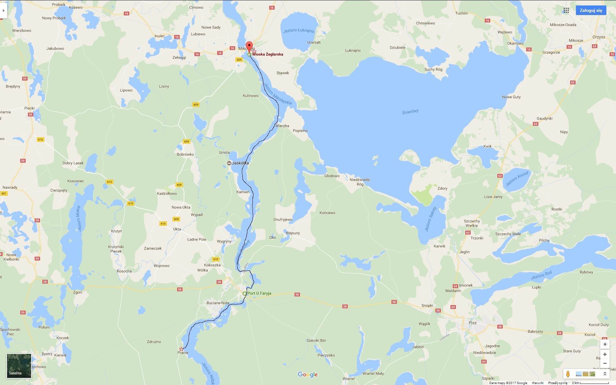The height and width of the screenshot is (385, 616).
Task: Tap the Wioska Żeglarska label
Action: coord(268,54)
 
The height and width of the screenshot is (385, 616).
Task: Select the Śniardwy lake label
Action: coord(410,112)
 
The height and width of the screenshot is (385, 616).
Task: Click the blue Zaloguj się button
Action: coord(591,10)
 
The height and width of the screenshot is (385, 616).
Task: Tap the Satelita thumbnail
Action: coord(19,365)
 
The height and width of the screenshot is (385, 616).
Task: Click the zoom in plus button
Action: coord(605,354)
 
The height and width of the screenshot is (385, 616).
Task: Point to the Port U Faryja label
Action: coord(259,293)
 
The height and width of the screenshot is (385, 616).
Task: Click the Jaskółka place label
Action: coord(240,163)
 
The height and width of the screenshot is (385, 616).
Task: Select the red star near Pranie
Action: coord(181,349)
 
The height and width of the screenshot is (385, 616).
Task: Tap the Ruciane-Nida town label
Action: coord(218,303)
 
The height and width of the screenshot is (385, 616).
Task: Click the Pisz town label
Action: coord(472,323)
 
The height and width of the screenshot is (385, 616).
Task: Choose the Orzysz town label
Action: coord(599,37)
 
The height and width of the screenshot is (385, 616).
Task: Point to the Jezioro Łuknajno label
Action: coord(299,31)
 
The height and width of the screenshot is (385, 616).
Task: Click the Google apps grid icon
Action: coord(566,10)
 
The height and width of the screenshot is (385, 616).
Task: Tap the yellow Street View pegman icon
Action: coord(568,374)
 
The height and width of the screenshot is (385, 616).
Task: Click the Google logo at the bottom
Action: coord(308,374)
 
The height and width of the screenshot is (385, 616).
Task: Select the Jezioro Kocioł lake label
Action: coord(517,178)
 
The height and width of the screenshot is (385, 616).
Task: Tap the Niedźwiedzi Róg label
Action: coord(360,182)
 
